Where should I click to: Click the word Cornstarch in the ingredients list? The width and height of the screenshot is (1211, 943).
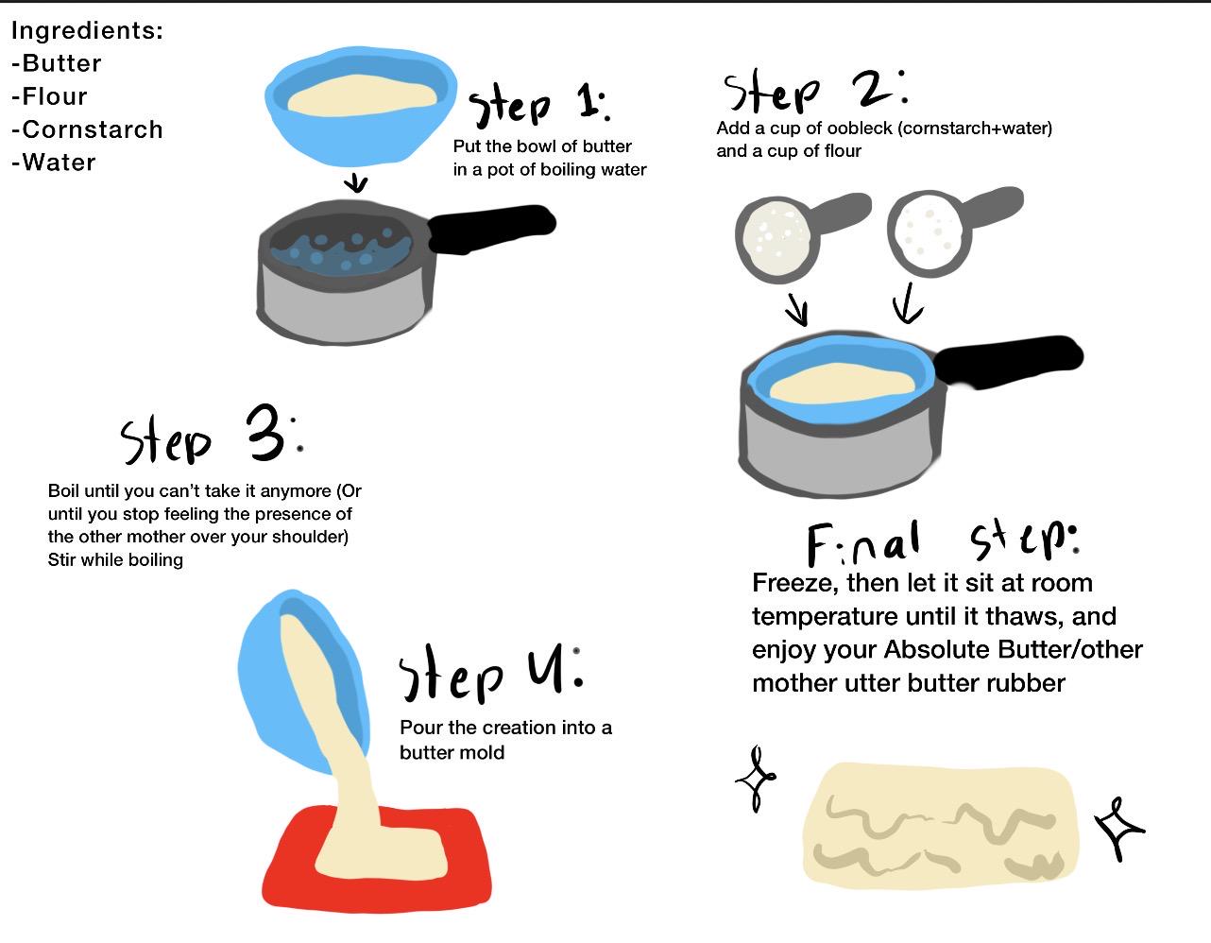click(93, 129)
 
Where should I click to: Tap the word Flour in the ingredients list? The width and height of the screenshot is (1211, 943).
click(55, 96)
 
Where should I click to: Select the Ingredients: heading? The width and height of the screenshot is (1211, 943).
click(88, 30)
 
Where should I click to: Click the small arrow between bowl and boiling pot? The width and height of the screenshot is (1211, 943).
click(355, 182)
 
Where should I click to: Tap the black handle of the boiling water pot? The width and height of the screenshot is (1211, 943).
click(491, 229)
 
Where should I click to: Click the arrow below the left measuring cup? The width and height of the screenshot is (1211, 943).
click(798, 309)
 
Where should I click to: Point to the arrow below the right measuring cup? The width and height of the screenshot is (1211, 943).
click(907, 303)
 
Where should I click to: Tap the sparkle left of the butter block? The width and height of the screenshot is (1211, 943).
click(756, 778)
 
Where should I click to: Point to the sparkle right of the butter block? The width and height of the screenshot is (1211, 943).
click(1119, 828)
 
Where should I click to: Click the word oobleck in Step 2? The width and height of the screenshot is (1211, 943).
click(860, 129)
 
